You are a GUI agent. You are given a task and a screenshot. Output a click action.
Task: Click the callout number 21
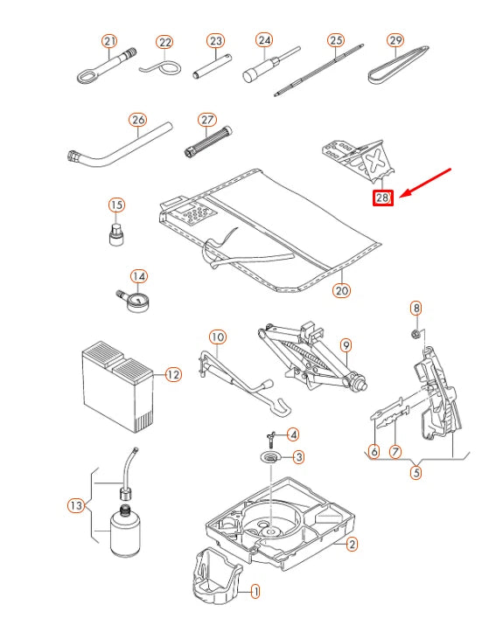click(x=109, y=41)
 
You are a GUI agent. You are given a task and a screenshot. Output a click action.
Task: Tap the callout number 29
click(x=395, y=40)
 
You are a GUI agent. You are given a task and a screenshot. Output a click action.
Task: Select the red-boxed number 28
click(x=383, y=198)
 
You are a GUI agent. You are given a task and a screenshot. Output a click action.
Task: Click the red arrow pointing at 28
click(x=425, y=183)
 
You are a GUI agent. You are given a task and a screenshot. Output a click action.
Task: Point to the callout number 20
click(x=342, y=290)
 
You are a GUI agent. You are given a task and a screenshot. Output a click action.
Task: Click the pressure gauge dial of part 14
click(x=136, y=302)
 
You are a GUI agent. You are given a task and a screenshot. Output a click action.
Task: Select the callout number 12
click(x=173, y=374)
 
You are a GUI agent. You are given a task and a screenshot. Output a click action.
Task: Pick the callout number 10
click(x=217, y=337)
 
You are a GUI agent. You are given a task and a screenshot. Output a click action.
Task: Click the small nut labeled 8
click(x=415, y=334)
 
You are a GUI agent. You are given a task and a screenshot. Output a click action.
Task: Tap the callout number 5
click(x=416, y=472)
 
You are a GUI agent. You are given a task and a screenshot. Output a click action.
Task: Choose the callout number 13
click(x=76, y=505)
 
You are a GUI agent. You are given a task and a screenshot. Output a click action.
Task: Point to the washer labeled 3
click(x=270, y=457)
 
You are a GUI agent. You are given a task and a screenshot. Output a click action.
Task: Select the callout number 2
click(x=352, y=545)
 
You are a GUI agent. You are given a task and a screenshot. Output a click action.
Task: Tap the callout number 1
click(x=255, y=591)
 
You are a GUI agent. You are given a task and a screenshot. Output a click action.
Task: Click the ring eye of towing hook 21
click(x=86, y=76)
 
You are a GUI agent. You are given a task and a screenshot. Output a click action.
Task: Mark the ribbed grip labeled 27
click(x=208, y=141)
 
